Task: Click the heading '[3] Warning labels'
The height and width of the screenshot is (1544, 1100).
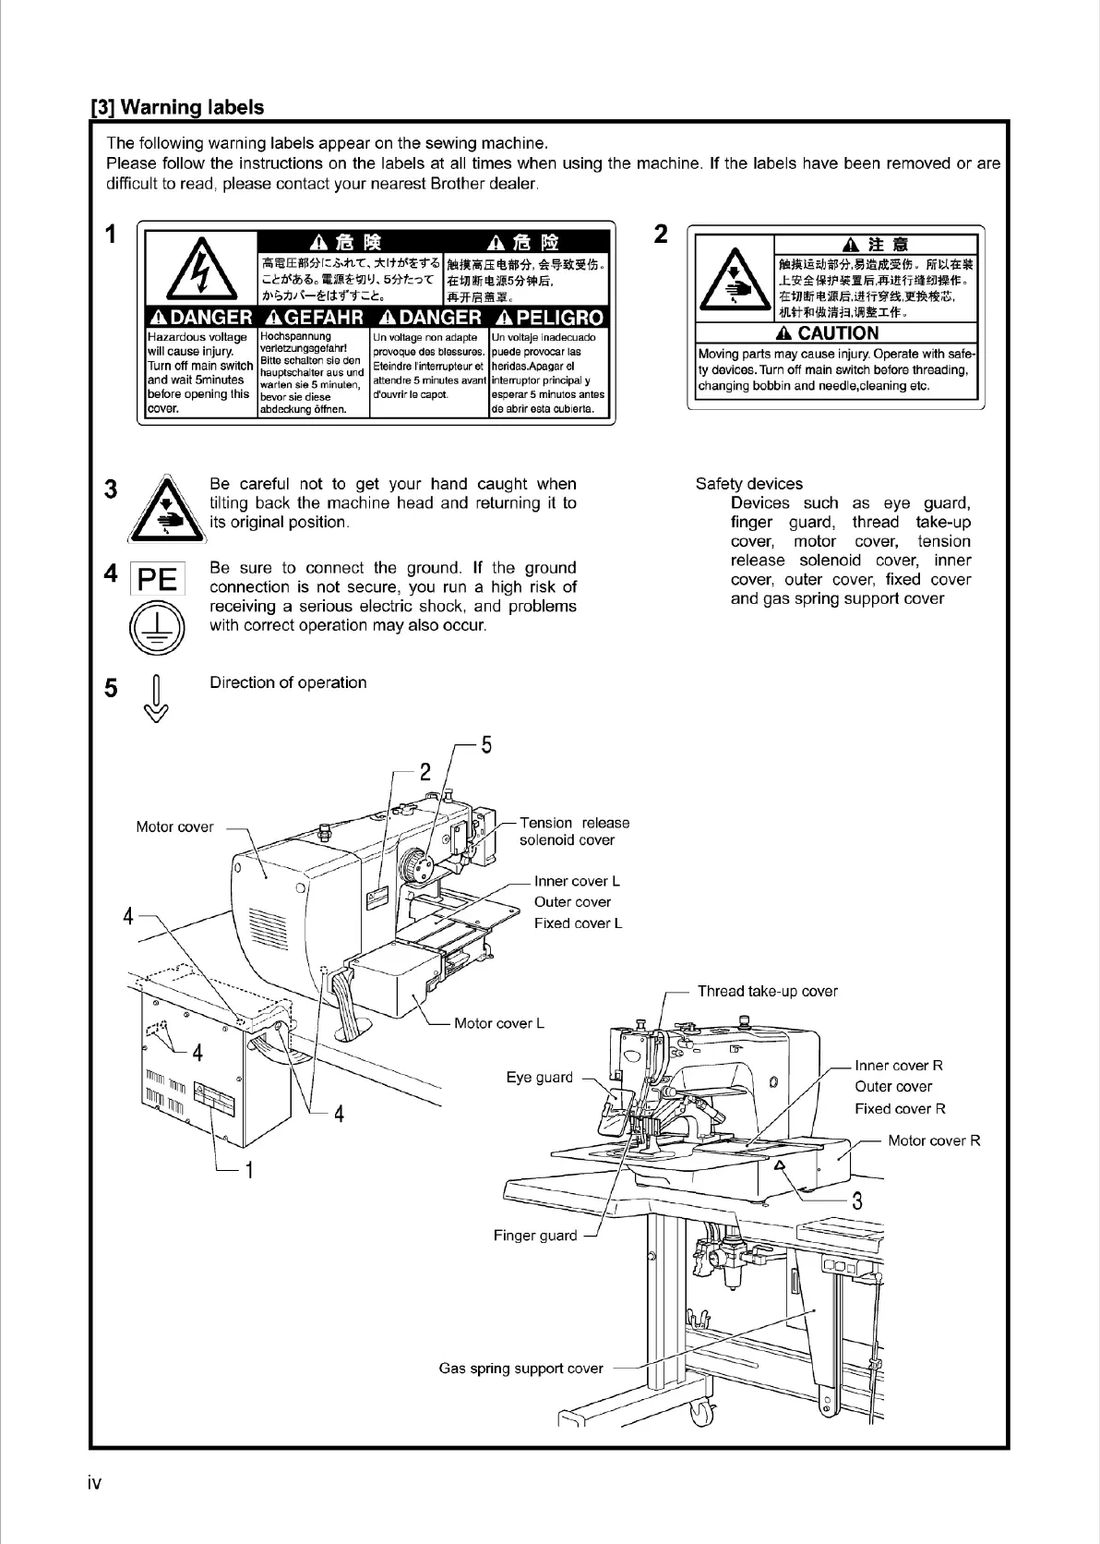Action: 177,107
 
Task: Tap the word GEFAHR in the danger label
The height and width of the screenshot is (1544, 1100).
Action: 314,318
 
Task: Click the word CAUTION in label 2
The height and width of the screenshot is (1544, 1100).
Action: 837,333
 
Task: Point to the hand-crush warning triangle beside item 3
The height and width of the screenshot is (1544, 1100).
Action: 162,508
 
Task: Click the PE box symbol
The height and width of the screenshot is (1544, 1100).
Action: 157,578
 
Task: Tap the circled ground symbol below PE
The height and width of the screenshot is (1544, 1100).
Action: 157,627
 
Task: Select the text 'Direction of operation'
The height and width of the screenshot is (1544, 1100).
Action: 288,682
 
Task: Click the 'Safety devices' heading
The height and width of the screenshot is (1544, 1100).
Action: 748,484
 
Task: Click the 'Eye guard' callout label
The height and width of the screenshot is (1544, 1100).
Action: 539,1078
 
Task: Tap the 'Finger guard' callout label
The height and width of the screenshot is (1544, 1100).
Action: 534,1236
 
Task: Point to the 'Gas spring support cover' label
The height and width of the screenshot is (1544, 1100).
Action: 520,1369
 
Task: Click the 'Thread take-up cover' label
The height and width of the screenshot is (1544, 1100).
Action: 767,992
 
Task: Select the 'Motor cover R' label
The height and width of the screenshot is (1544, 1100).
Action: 934,1141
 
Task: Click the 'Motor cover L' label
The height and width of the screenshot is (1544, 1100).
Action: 499,1023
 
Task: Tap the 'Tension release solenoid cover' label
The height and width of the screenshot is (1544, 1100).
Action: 574,831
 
